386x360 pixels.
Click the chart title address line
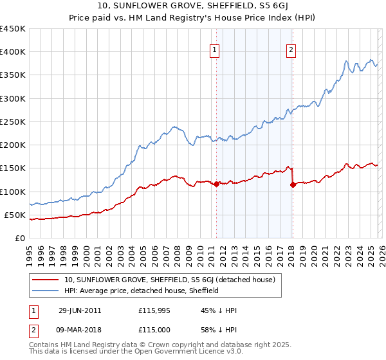192,6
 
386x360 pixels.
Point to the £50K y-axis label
15,215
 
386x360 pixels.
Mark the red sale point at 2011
216,184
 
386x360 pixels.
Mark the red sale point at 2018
293,184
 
